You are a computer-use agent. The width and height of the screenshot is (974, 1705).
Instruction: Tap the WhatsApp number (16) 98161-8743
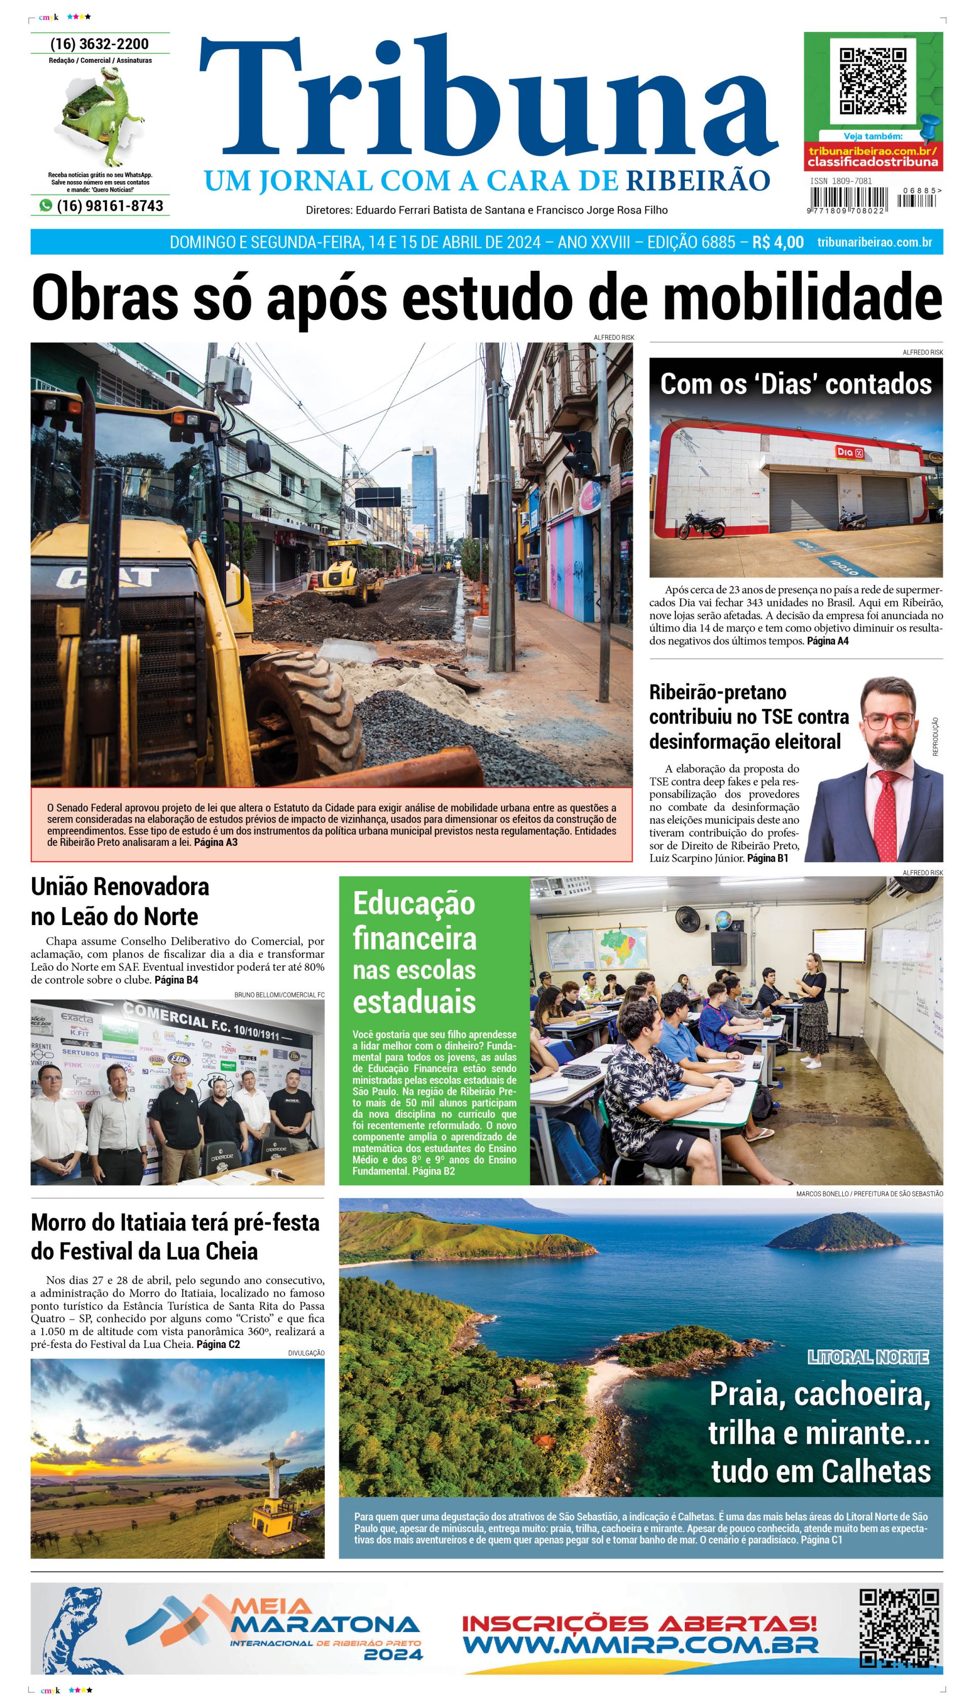[x=109, y=206]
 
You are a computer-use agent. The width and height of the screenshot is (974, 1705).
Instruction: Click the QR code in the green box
[x=873, y=80]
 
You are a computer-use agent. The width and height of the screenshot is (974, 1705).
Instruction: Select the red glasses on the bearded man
[x=888, y=721]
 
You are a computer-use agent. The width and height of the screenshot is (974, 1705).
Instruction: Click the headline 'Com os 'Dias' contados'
[x=795, y=384]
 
